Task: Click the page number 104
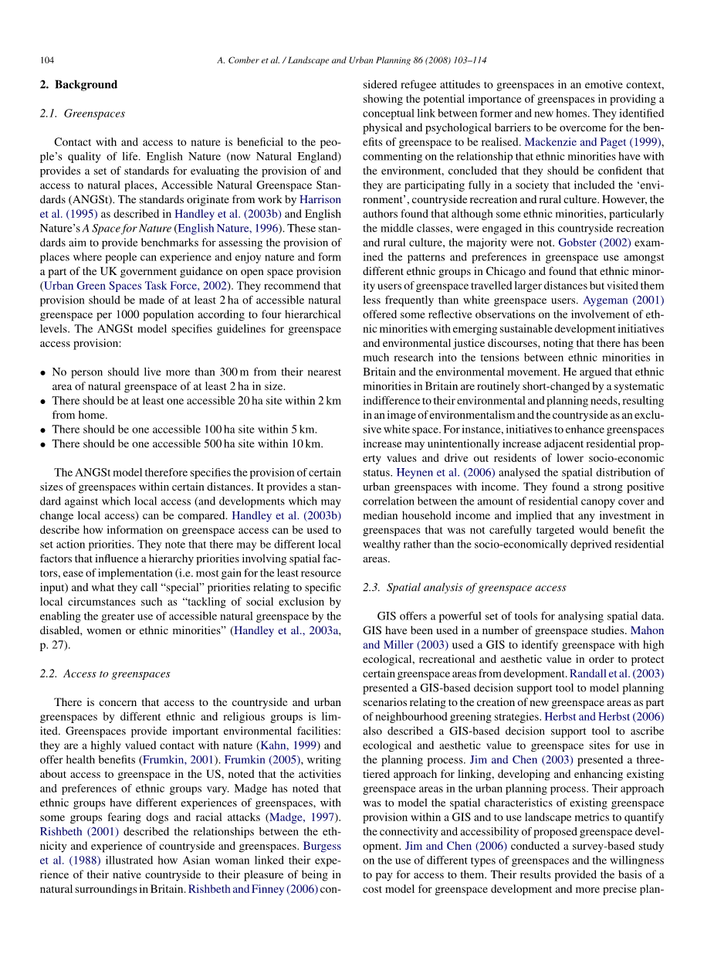point(47,60)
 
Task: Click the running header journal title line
point(352,60)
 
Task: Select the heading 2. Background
point(78,85)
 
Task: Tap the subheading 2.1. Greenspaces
point(82,114)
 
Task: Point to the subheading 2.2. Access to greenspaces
point(104,674)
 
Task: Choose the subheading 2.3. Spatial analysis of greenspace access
point(464,587)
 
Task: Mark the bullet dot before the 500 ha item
point(43,444)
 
